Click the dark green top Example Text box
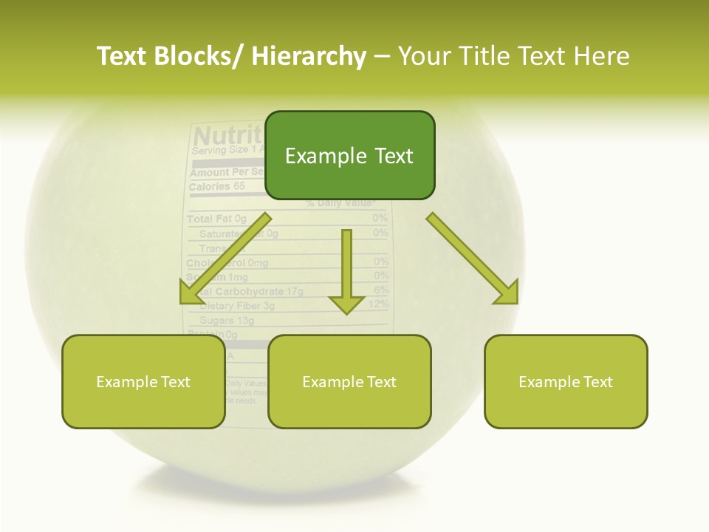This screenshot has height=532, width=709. point(349,155)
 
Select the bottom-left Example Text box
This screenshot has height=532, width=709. point(143,381)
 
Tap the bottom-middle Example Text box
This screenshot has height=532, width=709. point(349,381)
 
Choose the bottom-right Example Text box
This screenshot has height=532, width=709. point(566,381)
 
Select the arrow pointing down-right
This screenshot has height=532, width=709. point(473,259)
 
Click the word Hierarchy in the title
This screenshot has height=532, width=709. point(309,56)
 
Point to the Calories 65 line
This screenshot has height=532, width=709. point(217,187)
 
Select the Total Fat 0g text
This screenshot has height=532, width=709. point(216,219)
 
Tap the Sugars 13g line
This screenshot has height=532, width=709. point(227,321)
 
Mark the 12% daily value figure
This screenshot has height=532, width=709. point(378,304)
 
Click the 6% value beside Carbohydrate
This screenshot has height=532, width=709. point(381,290)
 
